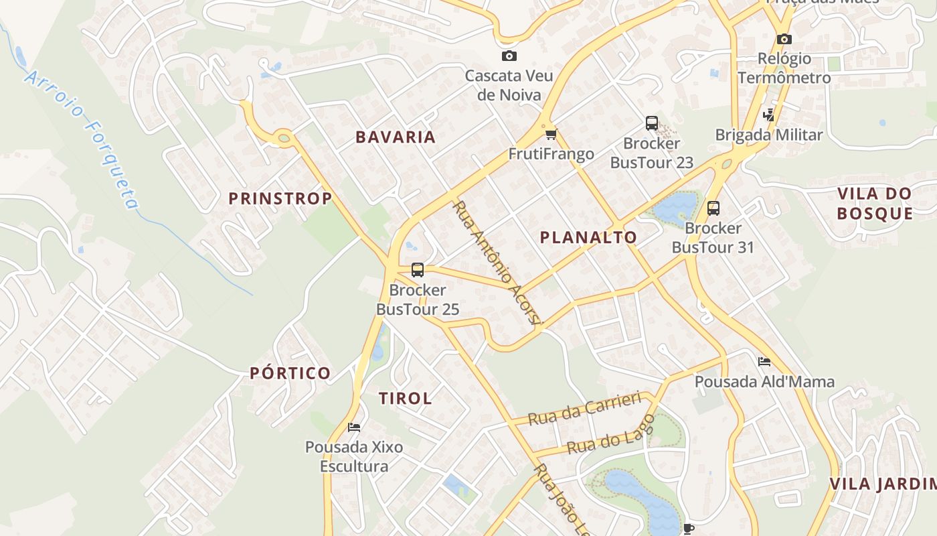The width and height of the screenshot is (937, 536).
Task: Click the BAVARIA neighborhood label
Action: [395, 137]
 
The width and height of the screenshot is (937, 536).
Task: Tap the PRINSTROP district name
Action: [280, 198]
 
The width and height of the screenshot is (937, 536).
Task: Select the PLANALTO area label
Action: [588, 237]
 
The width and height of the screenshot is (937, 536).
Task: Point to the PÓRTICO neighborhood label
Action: [290, 373]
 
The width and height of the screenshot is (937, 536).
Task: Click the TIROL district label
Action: [405, 398]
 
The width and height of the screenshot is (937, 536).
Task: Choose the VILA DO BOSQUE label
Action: [875, 204]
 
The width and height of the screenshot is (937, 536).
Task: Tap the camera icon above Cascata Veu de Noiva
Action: [509, 56]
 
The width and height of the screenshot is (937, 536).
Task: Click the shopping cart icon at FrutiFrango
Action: [551, 135]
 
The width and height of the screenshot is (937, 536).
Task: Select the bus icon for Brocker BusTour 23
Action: [651, 123]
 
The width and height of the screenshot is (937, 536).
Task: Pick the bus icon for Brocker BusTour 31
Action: [713, 208]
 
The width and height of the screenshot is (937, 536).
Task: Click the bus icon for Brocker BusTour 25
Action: [417, 270]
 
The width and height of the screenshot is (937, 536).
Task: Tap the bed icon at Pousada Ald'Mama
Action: [764, 362]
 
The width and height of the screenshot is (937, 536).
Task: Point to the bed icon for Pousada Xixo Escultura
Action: [353, 427]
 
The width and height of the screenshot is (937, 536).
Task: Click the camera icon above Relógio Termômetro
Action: [784, 40]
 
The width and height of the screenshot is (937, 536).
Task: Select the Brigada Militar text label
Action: [768, 135]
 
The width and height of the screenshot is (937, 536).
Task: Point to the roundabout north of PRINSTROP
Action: [284, 139]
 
